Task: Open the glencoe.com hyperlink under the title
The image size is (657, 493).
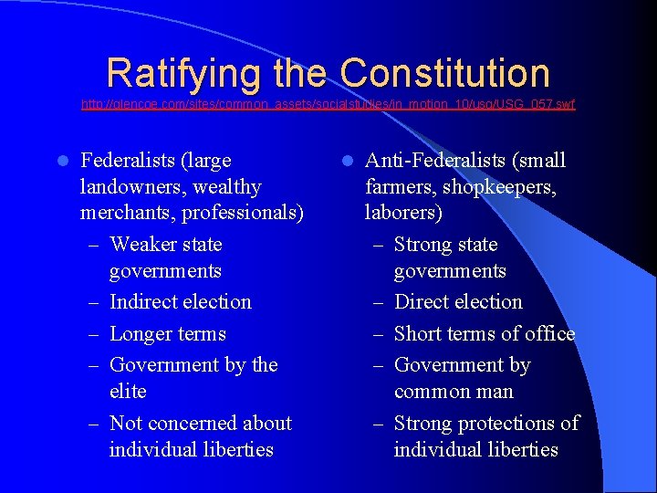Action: pyautogui.click(x=328, y=105)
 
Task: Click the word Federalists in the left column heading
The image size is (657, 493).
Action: pyautogui.click(x=128, y=161)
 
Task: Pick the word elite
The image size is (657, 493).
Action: pyautogui.click(x=128, y=392)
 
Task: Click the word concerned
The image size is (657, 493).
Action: pyautogui.click(x=193, y=424)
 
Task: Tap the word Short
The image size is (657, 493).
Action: pyautogui.click(x=419, y=334)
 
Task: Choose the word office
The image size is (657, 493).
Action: pyautogui.click(x=547, y=334)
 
